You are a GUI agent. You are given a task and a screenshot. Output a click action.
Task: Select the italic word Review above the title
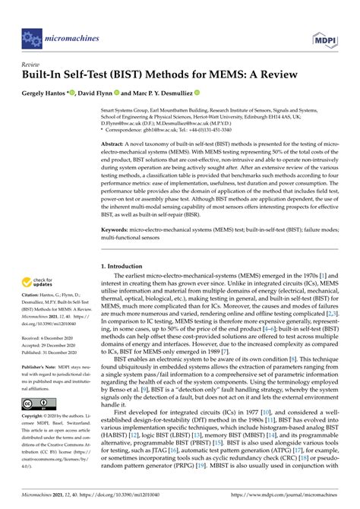pyautogui.click(x=30, y=65)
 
